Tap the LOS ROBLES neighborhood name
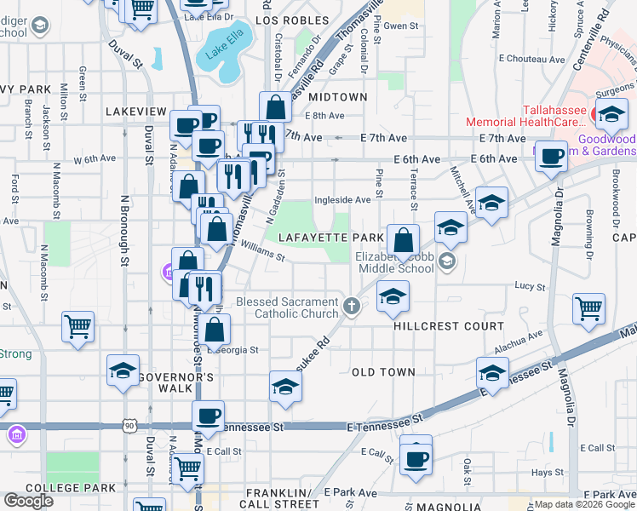(291, 20)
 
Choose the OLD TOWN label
(383, 372)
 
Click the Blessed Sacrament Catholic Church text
(287, 307)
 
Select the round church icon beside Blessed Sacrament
(352, 305)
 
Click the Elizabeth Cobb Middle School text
(394, 261)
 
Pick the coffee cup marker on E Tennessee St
(208, 416)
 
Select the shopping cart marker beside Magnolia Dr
(588, 309)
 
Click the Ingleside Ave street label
(342, 200)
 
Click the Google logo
(28, 501)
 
